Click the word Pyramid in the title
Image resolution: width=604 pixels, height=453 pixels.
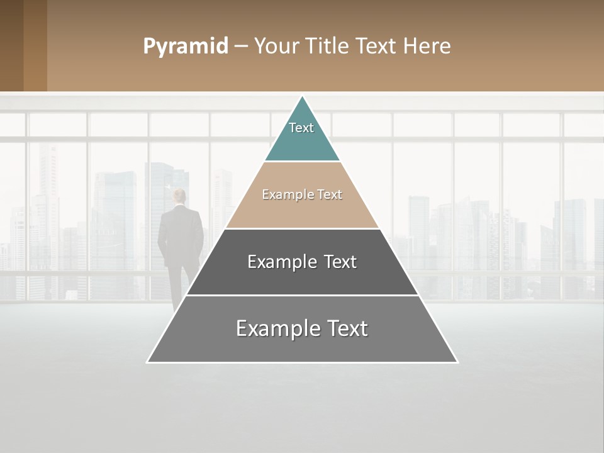[x=186, y=46]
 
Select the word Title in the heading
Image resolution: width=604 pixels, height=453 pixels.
[x=327, y=46]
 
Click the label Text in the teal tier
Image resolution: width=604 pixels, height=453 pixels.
[x=301, y=128]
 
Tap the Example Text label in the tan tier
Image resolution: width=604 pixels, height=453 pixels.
[x=302, y=194]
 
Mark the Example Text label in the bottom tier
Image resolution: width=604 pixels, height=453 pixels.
[x=302, y=328]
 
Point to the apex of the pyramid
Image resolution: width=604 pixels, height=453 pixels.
[x=303, y=98]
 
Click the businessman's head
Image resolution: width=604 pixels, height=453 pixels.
[x=180, y=196]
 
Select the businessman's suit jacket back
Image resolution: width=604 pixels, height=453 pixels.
[x=181, y=233]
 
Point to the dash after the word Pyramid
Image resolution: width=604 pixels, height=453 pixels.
[x=241, y=46]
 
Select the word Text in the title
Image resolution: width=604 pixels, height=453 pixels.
[x=377, y=46]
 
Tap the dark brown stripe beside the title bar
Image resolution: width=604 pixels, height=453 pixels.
[x=11, y=45]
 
